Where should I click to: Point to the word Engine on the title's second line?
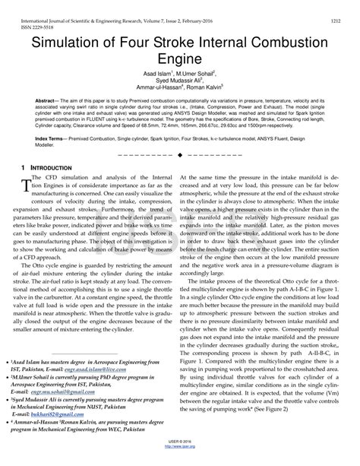pyautogui.click(x=180, y=56)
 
